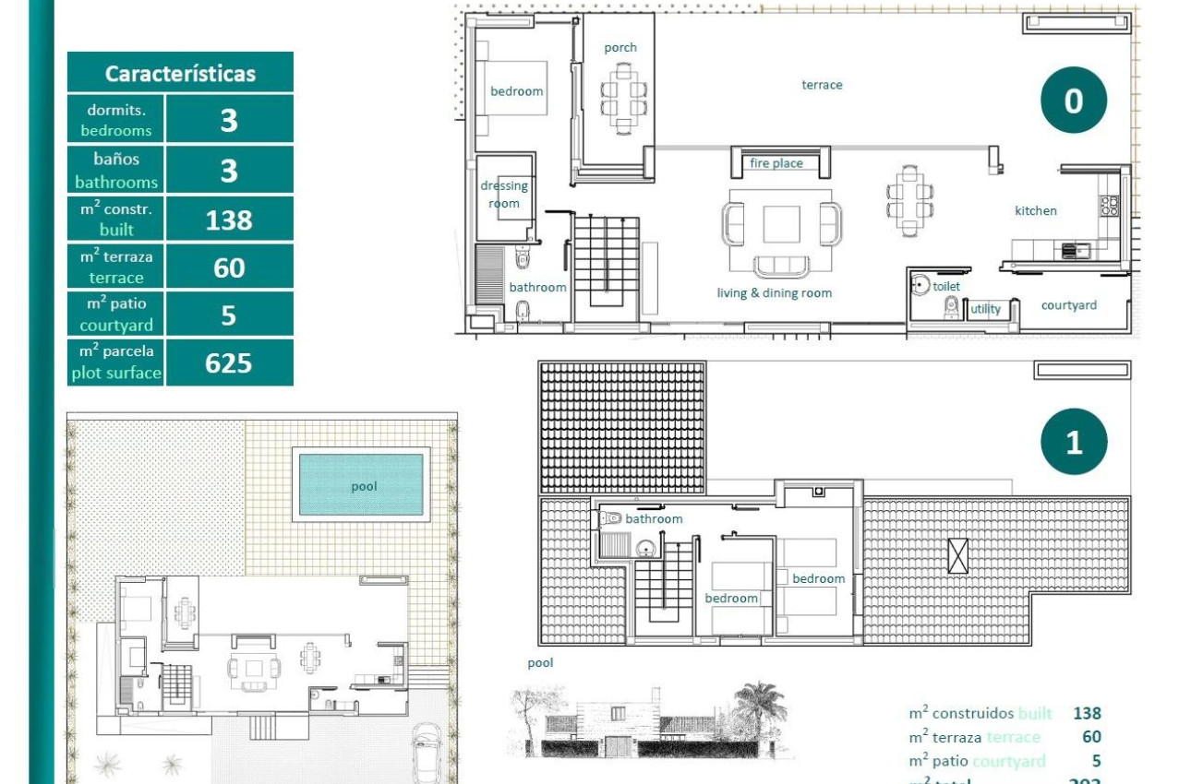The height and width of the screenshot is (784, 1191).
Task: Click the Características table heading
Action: (180, 74)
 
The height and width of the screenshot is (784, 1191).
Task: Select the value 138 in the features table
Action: (229, 220)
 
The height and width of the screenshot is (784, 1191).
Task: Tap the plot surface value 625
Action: (229, 362)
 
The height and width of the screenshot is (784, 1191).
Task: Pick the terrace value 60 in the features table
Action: (229, 267)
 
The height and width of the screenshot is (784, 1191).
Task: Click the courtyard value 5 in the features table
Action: (229, 315)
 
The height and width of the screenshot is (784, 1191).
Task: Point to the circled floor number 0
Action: (1073, 101)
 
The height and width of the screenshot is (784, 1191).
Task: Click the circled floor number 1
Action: (1073, 442)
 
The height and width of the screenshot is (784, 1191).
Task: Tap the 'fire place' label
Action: (776, 163)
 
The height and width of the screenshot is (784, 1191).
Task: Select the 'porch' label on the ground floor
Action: (620, 48)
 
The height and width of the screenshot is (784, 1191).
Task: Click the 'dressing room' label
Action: (504, 195)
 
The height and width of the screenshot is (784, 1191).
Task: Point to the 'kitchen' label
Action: (1036, 210)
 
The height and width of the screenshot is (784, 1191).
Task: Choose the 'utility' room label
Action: (985, 309)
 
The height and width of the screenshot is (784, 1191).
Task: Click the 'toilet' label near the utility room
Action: (946, 287)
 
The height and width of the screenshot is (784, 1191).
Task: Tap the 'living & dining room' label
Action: (774, 293)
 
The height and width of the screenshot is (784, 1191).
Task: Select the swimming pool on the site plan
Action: (362, 485)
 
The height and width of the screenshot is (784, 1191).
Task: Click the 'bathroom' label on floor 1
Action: (654, 519)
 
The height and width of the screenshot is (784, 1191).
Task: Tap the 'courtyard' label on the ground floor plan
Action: (1069, 305)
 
